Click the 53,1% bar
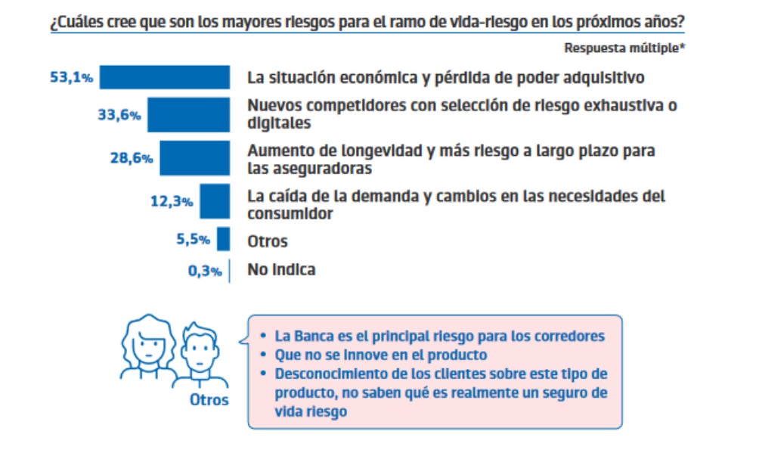[x=165, y=77]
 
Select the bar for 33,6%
[x=188, y=115]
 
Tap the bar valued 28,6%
[x=194, y=158]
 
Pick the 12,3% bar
[x=215, y=201]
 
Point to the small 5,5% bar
[x=223, y=239]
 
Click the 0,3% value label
[x=205, y=271]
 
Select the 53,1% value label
[x=71, y=77]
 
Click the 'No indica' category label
[x=281, y=269]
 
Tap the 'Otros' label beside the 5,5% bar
[x=268, y=242]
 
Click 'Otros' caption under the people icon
[x=208, y=400]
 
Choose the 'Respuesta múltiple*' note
[x=624, y=48]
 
